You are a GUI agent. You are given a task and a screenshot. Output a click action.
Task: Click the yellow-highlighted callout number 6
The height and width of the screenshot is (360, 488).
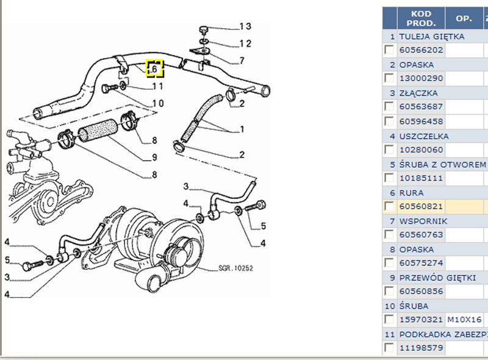click(155, 69)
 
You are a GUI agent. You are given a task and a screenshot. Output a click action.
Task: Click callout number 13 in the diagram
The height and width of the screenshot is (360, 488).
click(245, 26)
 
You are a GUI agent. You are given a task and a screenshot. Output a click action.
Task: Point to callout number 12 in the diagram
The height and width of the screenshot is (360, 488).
click(245, 43)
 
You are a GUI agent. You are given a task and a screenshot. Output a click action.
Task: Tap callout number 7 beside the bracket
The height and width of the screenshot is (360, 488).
click(242, 60)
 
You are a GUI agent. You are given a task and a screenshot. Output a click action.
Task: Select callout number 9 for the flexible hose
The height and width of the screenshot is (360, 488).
click(155, 157)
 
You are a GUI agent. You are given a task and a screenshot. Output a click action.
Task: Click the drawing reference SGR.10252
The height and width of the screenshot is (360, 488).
click(235, 268)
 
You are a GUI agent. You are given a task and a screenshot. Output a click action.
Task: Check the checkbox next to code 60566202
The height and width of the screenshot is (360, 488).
click(389, 50)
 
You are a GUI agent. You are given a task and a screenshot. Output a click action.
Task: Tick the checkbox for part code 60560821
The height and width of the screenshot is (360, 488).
click(389, 206)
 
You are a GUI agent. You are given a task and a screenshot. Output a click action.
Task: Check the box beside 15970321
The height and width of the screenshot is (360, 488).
click(389, 320)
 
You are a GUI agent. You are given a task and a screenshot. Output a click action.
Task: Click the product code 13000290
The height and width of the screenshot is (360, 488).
click(421, 79)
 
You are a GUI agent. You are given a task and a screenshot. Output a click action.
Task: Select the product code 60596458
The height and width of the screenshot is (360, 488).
click(421, 121)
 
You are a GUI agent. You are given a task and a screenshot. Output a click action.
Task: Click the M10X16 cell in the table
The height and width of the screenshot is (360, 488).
click(464, 320)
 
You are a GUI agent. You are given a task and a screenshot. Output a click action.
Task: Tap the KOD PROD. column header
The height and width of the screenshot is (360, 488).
click(421, 18)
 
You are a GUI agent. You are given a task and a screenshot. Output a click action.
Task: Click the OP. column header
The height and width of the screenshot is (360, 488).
click(464, 18)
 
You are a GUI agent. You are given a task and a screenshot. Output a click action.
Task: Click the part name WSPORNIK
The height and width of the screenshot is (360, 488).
click(423, 221)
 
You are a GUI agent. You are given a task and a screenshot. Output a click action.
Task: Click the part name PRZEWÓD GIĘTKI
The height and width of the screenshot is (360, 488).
click(437, 278)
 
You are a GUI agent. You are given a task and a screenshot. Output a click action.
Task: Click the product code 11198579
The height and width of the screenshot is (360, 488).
click(421, 348)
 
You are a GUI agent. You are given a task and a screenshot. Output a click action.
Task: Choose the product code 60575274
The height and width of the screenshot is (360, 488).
click(421, 263)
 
